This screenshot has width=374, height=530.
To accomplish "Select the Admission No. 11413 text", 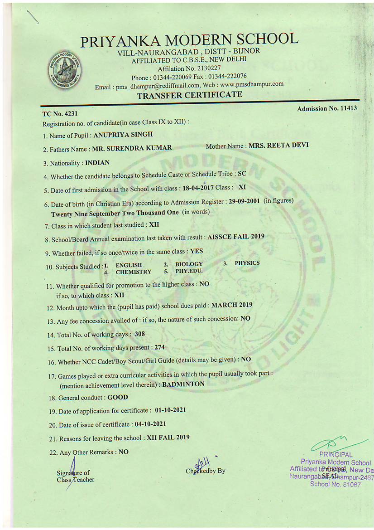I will point(327,108).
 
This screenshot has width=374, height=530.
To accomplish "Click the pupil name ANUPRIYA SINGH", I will point(123,135).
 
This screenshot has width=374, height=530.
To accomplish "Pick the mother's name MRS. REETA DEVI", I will point(278,146).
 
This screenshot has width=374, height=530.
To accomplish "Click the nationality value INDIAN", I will point(97,163).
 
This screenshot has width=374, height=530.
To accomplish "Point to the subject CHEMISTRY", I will point(134,272).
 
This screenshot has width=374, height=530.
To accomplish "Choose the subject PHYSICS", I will point(247,263).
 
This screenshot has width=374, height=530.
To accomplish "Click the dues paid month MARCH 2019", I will point(232,305).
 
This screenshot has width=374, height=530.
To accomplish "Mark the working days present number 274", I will point(159,347).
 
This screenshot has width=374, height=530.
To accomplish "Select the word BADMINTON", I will point(183,384).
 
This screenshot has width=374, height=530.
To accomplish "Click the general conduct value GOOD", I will point(118,398).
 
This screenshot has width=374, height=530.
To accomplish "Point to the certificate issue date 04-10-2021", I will point(150,424).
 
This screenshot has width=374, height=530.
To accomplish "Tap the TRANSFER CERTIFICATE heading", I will point(189,95).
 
